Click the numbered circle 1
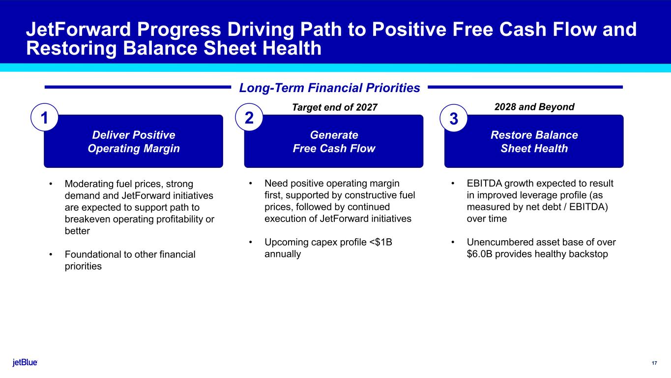pos(44,117)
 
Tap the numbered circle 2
pos(249,117)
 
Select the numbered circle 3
pos(454,118)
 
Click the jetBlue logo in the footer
pos(25,362)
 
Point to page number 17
pos(654,363)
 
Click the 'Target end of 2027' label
pos(334,107)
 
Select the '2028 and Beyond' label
pos(534,107)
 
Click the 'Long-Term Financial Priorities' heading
pos(329,88)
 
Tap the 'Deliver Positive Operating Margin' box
pos(133,141)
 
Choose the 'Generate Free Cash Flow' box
pos(334,141)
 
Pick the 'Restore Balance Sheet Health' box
pos(534,141)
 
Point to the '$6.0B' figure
pos(479,254)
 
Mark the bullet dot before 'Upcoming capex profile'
pos(250,242)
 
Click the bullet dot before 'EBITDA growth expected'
pos(453,183)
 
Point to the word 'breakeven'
pos(88,220)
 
